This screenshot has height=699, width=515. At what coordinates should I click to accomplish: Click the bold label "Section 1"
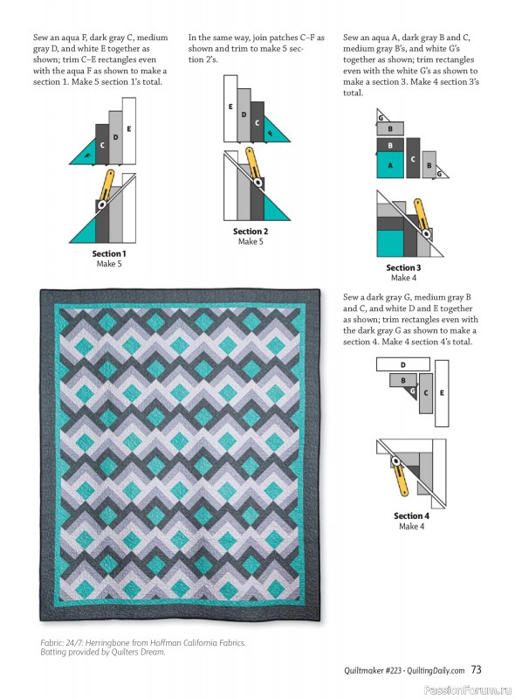coord(109,253)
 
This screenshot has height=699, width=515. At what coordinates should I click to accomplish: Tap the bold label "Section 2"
coord(251,232)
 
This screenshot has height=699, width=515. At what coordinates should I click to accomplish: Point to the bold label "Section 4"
coord(412,516)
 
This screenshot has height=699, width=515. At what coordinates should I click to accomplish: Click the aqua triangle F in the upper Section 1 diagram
coord(86,155)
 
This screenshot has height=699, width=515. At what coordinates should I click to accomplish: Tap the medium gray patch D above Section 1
coord(115,137)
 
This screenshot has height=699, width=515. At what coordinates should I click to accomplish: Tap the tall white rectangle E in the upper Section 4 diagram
coord(441,393)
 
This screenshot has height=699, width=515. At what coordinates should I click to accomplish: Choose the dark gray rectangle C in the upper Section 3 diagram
coord(413,158)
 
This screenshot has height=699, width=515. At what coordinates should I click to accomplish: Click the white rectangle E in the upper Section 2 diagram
coord(230,107)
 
